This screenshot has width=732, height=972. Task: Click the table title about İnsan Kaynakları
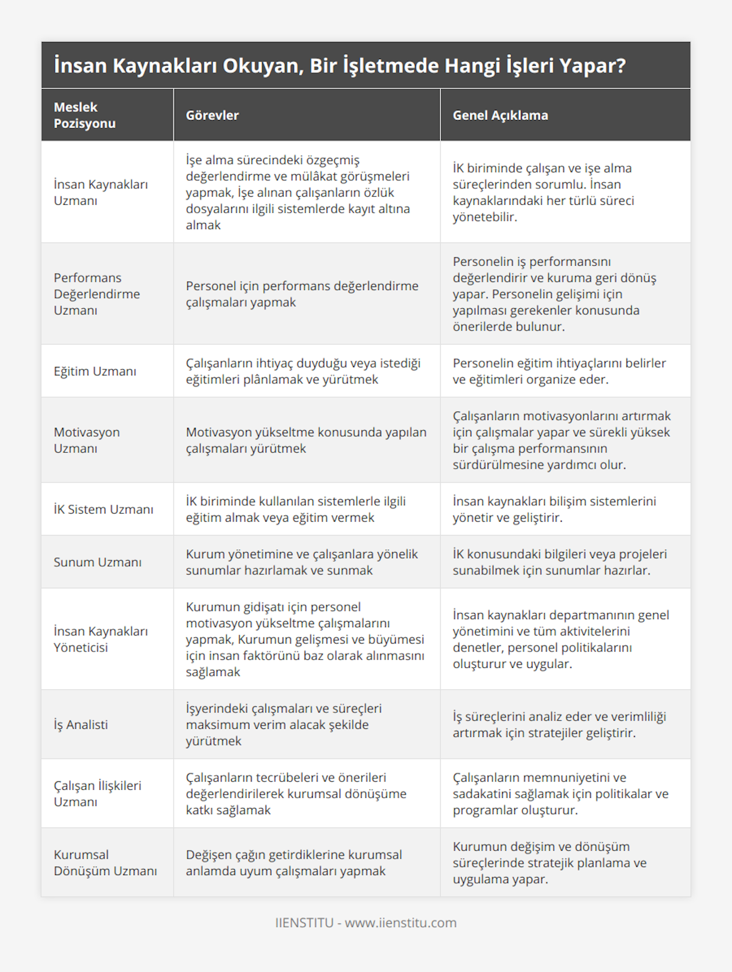click(340, 66)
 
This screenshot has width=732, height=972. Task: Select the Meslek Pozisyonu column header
click(85, 115)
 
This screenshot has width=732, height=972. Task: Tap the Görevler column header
click(212, 115)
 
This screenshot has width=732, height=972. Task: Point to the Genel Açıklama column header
click(500, 115)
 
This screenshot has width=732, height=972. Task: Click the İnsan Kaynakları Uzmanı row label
click(101, 192)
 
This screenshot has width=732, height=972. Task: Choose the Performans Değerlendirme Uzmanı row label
click(97, 294)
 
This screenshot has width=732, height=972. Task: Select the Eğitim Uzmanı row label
click(95, 371)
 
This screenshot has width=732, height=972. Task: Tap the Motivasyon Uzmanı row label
click(87, 440)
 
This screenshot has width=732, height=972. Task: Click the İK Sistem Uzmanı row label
click(104, 509)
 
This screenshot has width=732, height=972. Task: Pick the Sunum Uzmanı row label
click(98, 562)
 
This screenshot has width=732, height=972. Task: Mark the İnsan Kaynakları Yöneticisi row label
click(101, 639)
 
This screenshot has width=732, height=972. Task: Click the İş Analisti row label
click(81, 725)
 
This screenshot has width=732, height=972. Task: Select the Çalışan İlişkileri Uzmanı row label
click(98, 793)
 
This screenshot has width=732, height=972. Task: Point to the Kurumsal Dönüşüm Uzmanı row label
click(105, 862)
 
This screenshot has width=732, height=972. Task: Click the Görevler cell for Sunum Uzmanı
click(302, 562)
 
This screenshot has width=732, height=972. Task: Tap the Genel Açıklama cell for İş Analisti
click(559, 725)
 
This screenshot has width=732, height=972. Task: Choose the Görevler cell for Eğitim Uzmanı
click(303, 371)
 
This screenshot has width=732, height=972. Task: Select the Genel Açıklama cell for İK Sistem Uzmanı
click(554, 509)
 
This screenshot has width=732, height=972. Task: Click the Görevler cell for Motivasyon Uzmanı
click(306, 440)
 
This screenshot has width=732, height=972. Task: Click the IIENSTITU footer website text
click(366, 923)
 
